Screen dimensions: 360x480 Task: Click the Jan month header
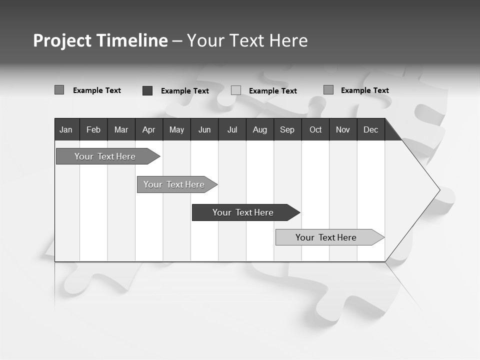(x=66, y=130)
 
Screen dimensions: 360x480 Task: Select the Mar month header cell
(x=121, y=130)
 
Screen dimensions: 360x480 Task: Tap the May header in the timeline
(x=176, y=130)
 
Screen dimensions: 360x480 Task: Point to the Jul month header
(x=232, y=130)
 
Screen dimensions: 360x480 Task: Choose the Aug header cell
(x=259, y=130)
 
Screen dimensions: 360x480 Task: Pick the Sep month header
(x=287, y=130)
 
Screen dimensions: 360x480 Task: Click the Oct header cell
(x=315, y=130)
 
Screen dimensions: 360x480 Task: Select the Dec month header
(x=370, y=130)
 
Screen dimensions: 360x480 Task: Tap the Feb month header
(x=93, y=130)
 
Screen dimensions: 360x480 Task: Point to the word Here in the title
(x=288, y=40)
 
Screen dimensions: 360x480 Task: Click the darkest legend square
(x=147, y=90)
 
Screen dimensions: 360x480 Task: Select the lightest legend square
(x=236, y=90)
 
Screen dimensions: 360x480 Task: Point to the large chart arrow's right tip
(x=438, y=189)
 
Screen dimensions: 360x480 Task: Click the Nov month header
(x=342, y=130)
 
